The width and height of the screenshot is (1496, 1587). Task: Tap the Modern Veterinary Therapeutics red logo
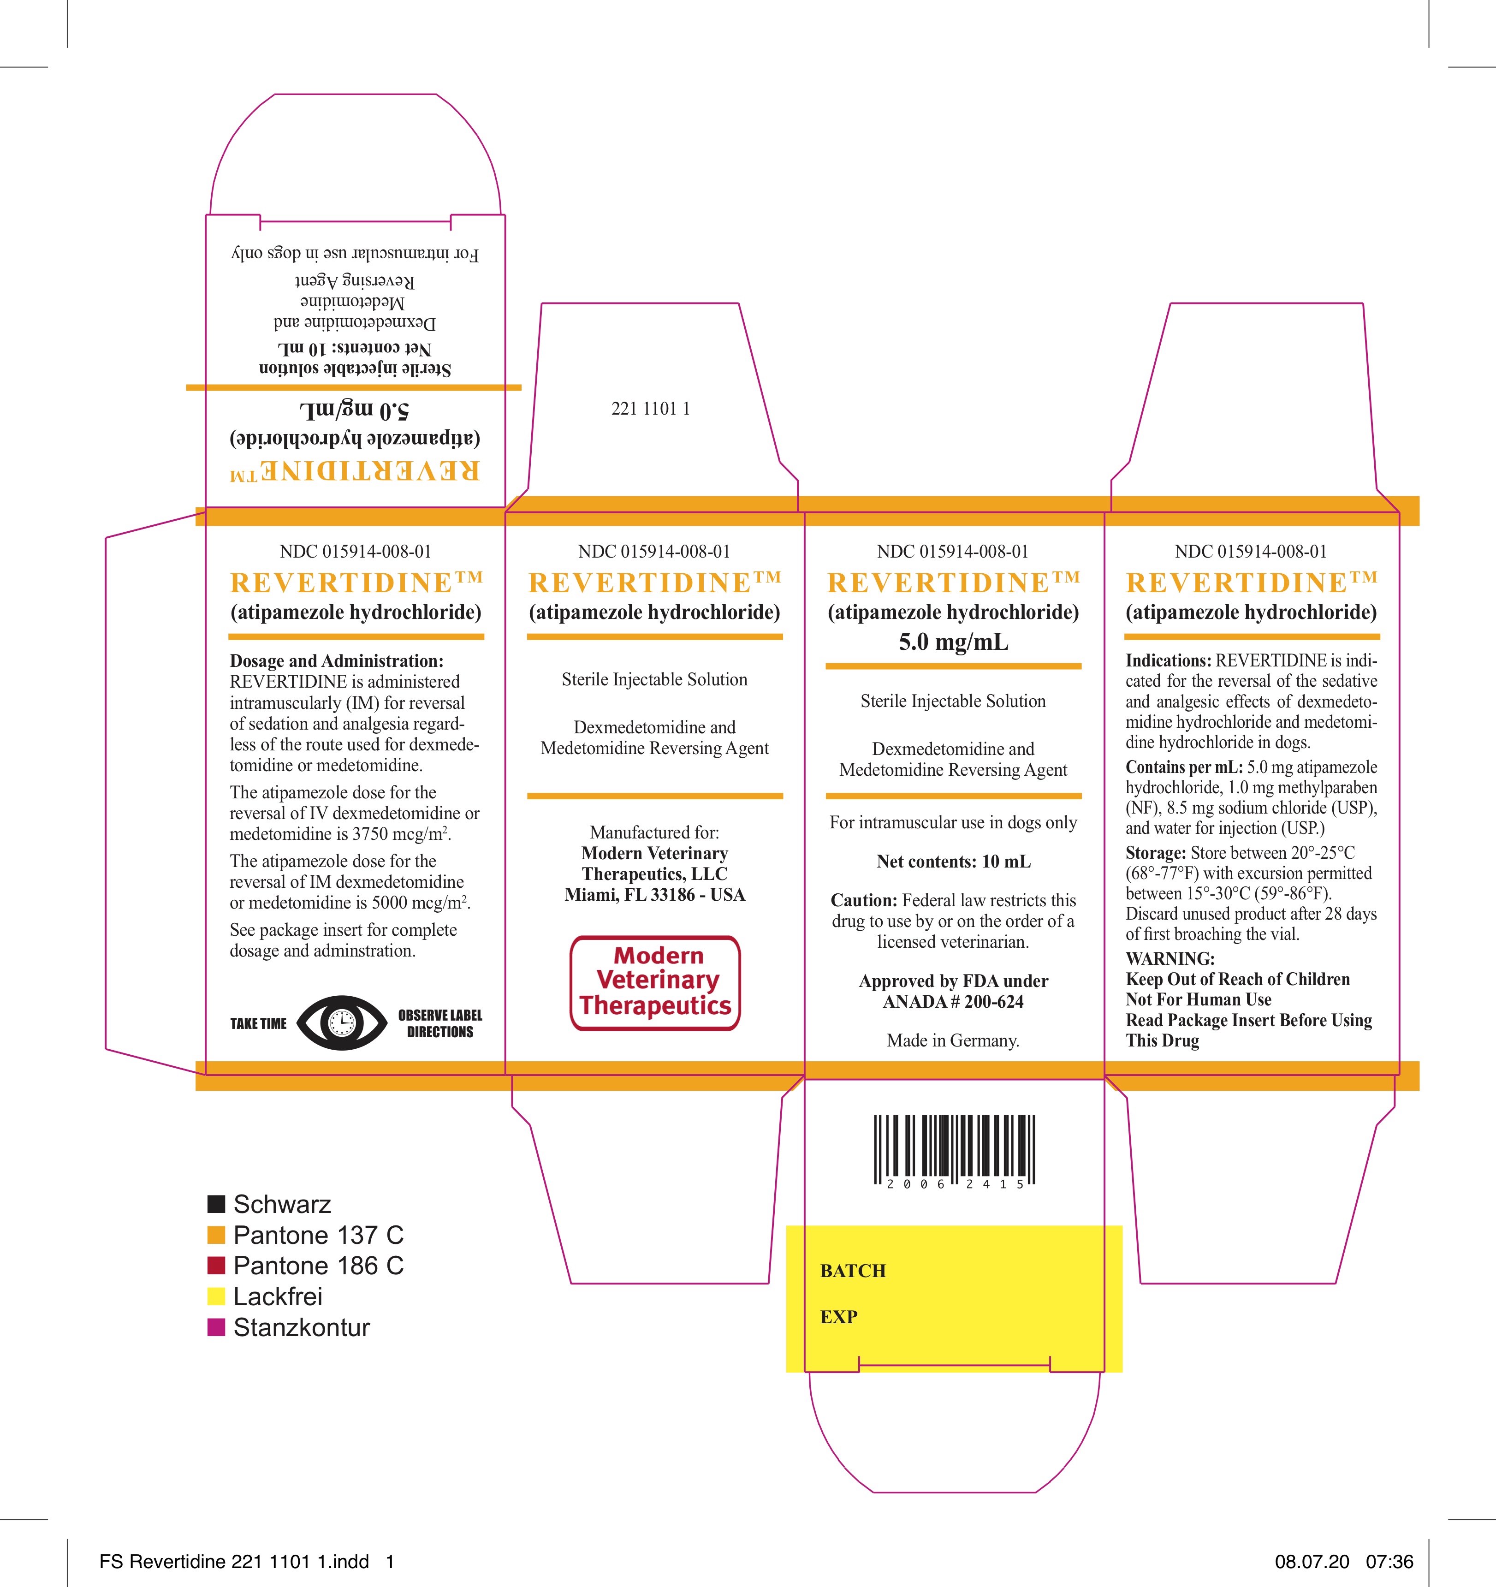pyautogui.click(x=655, y=983)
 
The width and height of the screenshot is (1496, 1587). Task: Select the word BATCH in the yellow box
pyautogui.click(x=853, y=1271)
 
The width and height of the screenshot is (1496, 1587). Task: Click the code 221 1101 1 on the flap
pyautogui.click(x=651, y=409)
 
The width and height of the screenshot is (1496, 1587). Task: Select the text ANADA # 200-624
pyautogui.click(x=953, y=1002)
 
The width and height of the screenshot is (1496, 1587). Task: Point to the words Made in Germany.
pyautogui.click(x=953, y=1041)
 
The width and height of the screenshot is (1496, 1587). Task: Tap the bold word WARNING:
pyautogui.click(x=1170, y=959)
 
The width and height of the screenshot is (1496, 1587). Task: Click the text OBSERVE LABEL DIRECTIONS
pyautogui.click(x=440, y=1023)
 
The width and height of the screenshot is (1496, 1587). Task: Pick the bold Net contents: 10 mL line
pyautogui.click(x=953, y=862)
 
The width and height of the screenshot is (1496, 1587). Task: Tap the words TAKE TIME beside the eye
pyautogui.click(x=258, y=1023)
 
